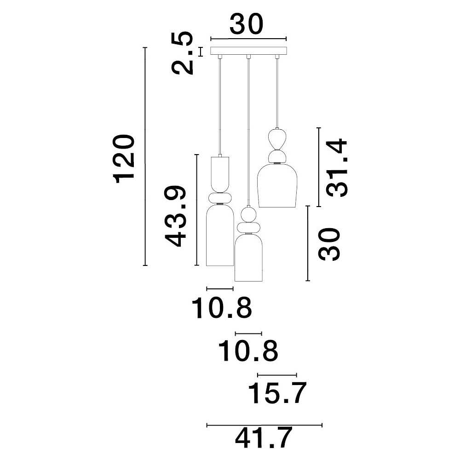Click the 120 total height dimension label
coord(124,159)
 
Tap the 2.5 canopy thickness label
coord(183,53)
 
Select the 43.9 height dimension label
coord(175,216)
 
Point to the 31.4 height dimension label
coord(337,167)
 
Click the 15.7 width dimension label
coord(277,393)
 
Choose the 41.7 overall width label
coord(264,438)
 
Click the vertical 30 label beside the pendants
coord(329,244)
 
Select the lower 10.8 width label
coord(248,350)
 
